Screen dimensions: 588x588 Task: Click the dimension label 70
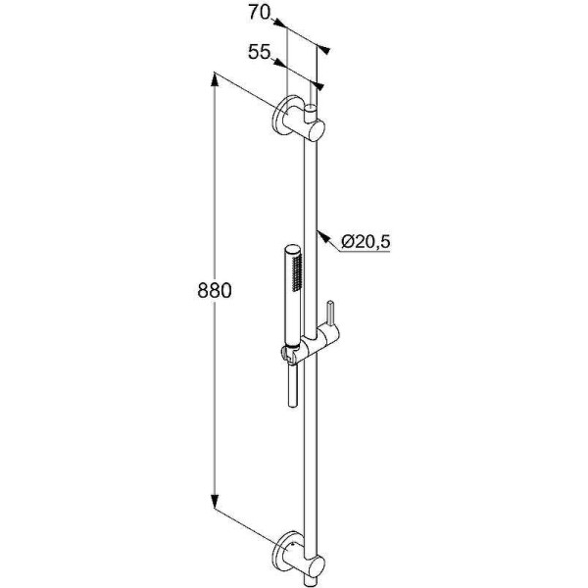pyautogui.click(x=259, y=13)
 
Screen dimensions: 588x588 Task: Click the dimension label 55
pyautogui.click(x=259, y=52)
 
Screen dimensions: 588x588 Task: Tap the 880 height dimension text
pyautogui.click(x=215, y=290)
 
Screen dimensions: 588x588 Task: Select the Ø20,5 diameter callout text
pyautogui.click(x=366, y=242)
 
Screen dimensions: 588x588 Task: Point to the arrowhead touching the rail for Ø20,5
pyautogui.click(x=322, y=237)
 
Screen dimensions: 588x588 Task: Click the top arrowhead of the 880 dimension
pyautogui.click(x=214, y=79)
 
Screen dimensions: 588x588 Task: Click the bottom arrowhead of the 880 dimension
pyautogui.click(x=214, y=502)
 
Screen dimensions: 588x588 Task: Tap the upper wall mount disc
pyautogui.click(x=283, y=118)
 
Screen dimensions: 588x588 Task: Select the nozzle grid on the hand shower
pyautogui.click(x=297, y=272)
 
